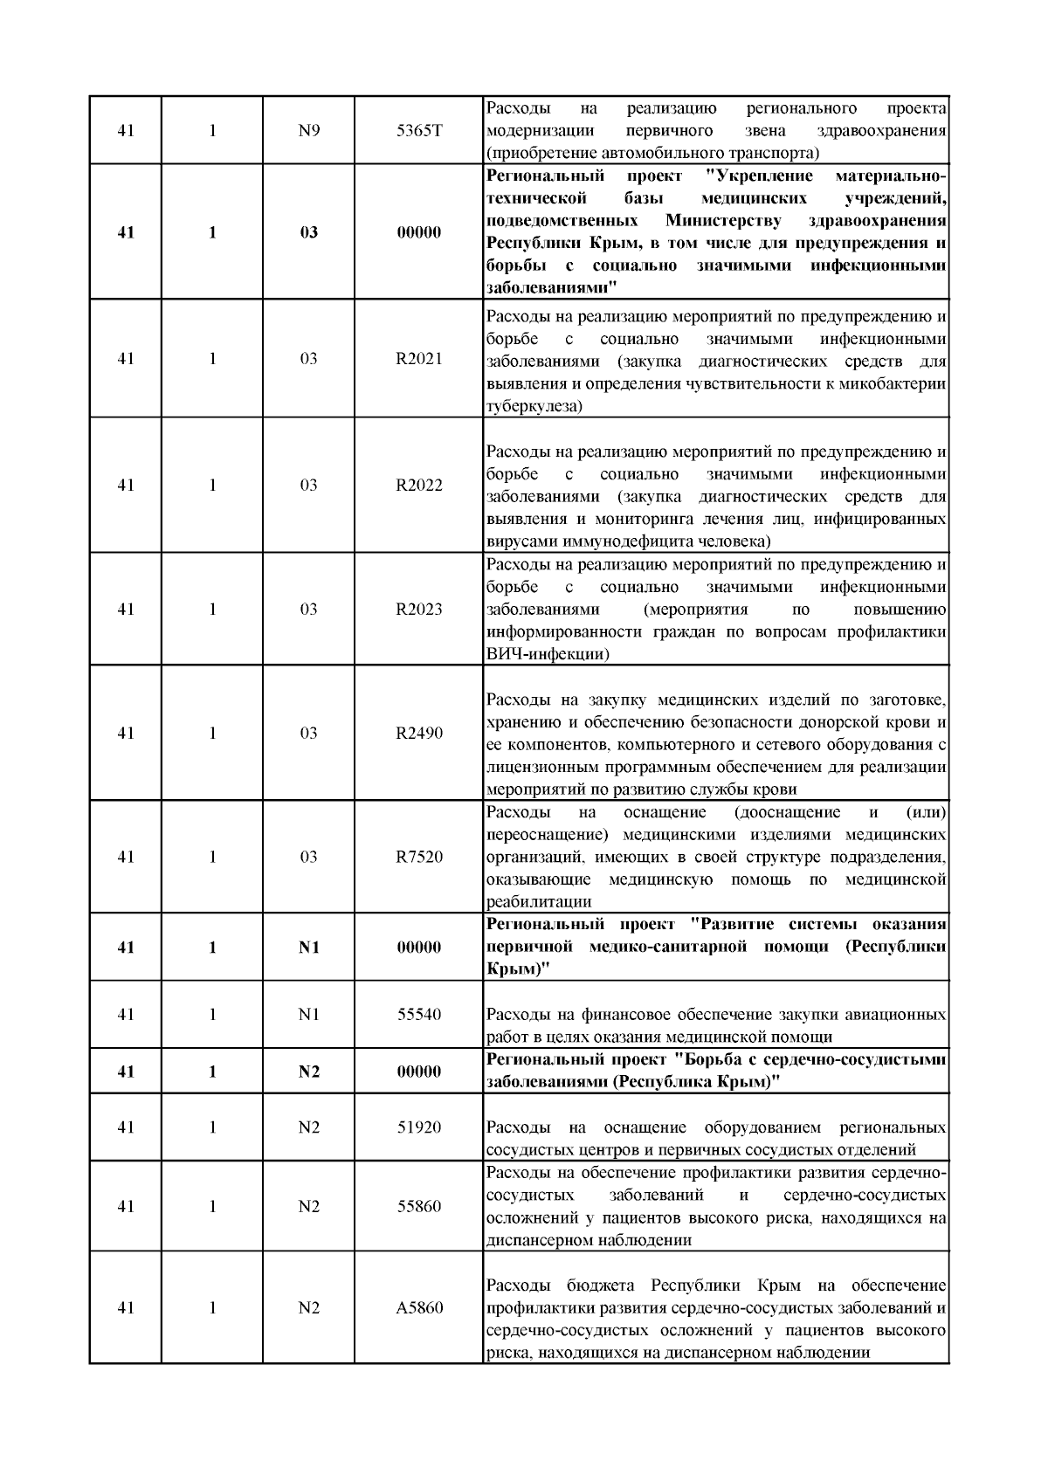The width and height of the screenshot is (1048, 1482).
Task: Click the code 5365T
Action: [x=419, y=131]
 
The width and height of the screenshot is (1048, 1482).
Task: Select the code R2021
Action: [x=419, y=359]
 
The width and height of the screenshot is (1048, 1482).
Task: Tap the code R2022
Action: [x=419, y=486]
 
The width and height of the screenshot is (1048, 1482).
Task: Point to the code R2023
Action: [x=419, y=610]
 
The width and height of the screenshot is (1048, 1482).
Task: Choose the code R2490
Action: [x=419, y=734]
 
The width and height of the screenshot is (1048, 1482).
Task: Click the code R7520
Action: [x=419, y=858]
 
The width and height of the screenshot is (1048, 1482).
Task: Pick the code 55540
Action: [x=419, y=1015]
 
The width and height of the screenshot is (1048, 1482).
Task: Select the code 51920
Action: [x=419, y=1127]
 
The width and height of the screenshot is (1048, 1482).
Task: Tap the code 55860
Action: [x=419, y=1207]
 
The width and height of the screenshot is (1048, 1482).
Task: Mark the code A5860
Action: [x=419, y=1308]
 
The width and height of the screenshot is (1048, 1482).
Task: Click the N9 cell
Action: [x=309, y=131]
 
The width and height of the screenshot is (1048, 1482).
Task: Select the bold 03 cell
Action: [x=309, y=233]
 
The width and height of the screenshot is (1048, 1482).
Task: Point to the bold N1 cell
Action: [x=309, y=948]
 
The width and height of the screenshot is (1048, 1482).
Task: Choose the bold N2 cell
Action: [x=309, y=1072]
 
